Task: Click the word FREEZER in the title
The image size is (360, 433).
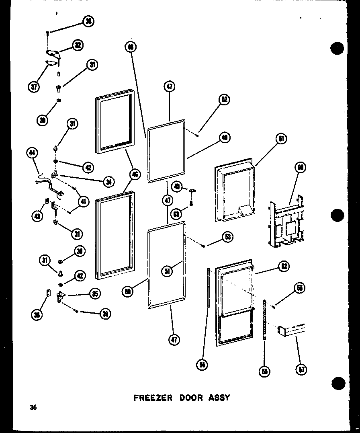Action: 153,398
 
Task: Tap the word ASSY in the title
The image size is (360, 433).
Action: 219,398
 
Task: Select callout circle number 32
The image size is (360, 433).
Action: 77,45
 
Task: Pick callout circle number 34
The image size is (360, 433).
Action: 108,182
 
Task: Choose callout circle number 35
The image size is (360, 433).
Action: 94,294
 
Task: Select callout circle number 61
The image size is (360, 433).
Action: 281,139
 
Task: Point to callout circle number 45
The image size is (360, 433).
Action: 176,186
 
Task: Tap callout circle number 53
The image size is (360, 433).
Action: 227,236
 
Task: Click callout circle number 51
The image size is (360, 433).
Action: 168,271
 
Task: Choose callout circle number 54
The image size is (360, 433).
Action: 202,365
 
